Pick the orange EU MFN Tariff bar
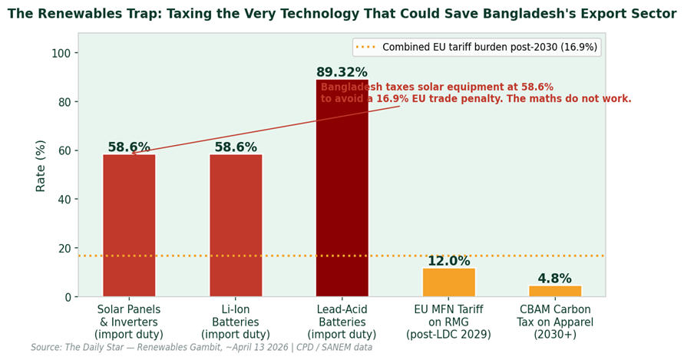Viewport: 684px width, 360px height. point(448,282)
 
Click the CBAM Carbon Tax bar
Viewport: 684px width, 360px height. point(555,291)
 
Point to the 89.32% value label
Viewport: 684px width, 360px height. point(342,72)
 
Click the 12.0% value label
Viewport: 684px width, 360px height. point(448,261)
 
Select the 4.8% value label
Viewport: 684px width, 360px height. point(555,279)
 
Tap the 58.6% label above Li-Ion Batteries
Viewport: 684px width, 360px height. point(236,147)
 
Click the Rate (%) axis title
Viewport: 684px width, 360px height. point(41,166)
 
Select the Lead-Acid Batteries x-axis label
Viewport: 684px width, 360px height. point(342,322)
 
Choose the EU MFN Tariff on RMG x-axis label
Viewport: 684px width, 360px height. point(448,322)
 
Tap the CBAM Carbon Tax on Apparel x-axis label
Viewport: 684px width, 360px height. point(555,322)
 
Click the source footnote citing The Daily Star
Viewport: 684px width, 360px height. point(202,348)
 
